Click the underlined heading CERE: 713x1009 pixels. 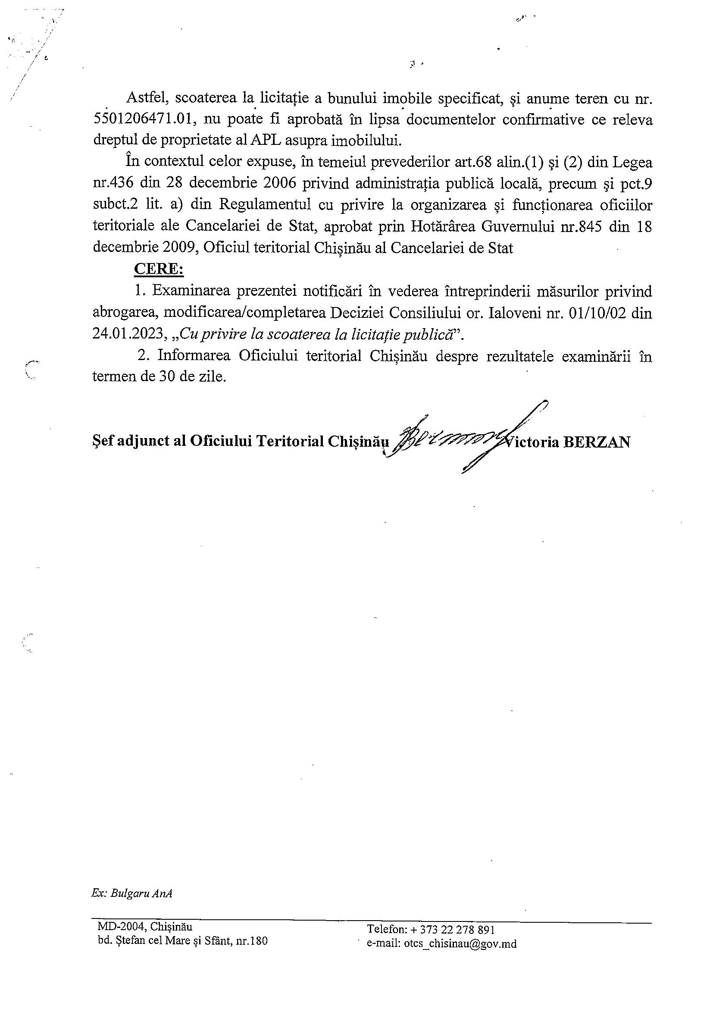[158, 269]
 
